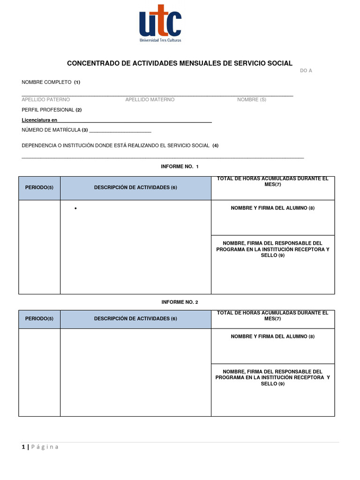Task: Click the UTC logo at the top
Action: pyautogui.click(x=160, y=23)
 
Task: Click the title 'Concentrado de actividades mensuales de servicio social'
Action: pyautogui.click(x=180, y=63)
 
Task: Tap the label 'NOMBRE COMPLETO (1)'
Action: pyautogui.click(x=51, y=82)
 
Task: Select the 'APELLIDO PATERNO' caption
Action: pyautogui.click(x=45, y=100)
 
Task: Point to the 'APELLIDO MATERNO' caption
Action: pyautogui.click(x=150, y=100)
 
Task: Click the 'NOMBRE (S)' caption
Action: pyautogui.click(x=251, y=100)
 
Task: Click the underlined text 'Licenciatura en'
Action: pyautogui.click(x=39, y=120)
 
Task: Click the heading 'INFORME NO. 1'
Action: pyautogui.click(x=180, y=167)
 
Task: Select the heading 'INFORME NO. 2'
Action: pyautogui.click(x=180, y=302)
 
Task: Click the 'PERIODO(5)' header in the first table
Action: pyautogui.click(x=39, y=187)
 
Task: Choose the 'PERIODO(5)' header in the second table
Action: pyautogui.click(x=39, y=319)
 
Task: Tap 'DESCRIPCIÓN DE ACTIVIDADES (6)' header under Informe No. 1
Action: pyautogui.click(x=135, y=187)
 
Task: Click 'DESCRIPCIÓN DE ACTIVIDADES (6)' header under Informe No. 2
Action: pyautogui.click(x=135, y=319)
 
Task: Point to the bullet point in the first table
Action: pyautogui.click(x=75, y=209)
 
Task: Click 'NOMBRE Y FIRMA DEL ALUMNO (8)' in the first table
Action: pyautogui.click(x=273, y=208)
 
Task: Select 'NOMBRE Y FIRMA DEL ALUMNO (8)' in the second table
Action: pyautogui.click(x=273, y=337)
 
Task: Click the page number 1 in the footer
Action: pyautogui.click(x=23, y=447)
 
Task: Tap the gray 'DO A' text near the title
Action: pyautogui.click(x=306, y=71)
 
